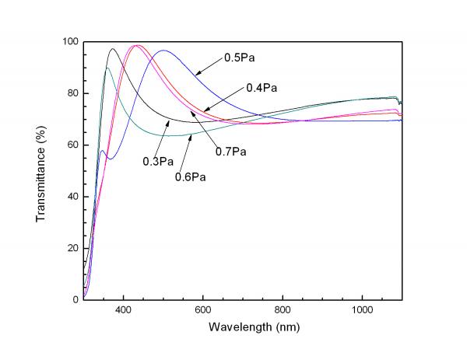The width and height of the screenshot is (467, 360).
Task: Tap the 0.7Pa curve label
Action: pyautogui.click(x=232, y=151)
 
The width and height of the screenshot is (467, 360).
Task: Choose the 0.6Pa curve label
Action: pyautogui.click(x=190, y=177)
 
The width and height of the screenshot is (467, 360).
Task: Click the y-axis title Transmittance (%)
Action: pyautogui.click(x=41, y=170)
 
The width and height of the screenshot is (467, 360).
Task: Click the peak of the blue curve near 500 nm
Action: pyautogui.click(x=163, y=51)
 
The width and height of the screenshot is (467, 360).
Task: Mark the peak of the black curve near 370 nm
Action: pyautogui.click(x=112, y=49)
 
